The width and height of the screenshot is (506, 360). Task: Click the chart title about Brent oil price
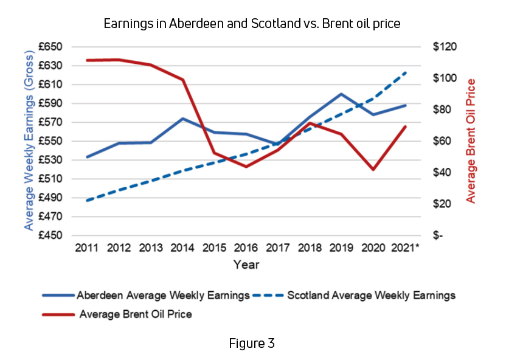(252, 24)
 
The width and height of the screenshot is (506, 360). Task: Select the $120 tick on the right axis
(445, 47)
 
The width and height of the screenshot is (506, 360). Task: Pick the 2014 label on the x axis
(182, 249)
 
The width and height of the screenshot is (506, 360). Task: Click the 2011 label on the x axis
(87, 249)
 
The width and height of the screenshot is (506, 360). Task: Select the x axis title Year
(246, 265)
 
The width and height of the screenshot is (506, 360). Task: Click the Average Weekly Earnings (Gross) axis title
(29, 141)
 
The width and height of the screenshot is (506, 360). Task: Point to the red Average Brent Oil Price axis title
(471, 141)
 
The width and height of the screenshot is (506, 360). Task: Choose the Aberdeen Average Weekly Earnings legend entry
(146, 296)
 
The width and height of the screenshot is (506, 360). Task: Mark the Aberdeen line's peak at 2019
(341, 94)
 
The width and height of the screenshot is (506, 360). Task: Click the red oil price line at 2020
(373, 169)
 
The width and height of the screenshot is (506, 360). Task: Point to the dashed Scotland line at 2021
(406, 72)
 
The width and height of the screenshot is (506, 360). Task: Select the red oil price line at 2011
(88, 60)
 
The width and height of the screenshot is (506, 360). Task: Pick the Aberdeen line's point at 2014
(182, 119)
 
